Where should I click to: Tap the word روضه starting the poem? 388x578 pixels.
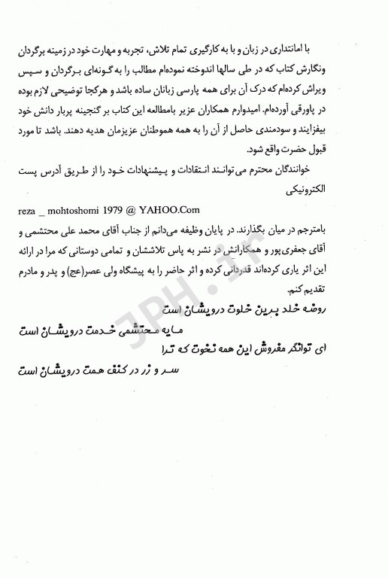[356, 309]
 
